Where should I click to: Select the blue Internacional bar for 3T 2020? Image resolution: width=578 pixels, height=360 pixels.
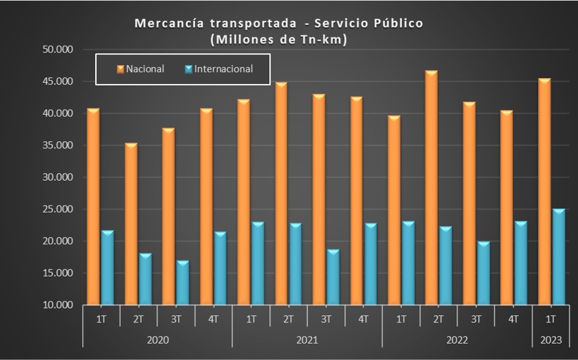click(x=183, y=283)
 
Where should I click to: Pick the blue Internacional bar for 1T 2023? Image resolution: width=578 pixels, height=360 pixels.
click(x=558, y=257)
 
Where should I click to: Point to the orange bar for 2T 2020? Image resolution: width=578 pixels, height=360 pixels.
click(x=131, y=224)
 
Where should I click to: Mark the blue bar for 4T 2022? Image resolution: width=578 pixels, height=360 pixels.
click(x=521, y=263)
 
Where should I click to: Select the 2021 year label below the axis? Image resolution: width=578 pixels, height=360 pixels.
click(x=307, y=340)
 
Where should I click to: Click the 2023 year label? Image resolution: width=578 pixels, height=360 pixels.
click(x=550, y=340)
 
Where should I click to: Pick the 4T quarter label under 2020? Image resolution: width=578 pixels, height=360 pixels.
click(x=213, y=319)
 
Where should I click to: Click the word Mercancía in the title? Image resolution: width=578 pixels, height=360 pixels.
click(x=169, y=24)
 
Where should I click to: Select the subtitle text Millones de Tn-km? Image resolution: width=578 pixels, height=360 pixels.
click(x=278, y=39)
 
